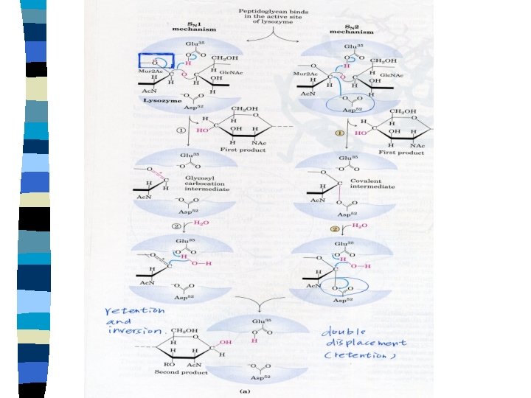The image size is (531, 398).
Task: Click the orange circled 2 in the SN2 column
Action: (335, 226)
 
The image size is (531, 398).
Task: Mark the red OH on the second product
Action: (226, 343)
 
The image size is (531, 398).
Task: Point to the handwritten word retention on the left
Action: (134, 311)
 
